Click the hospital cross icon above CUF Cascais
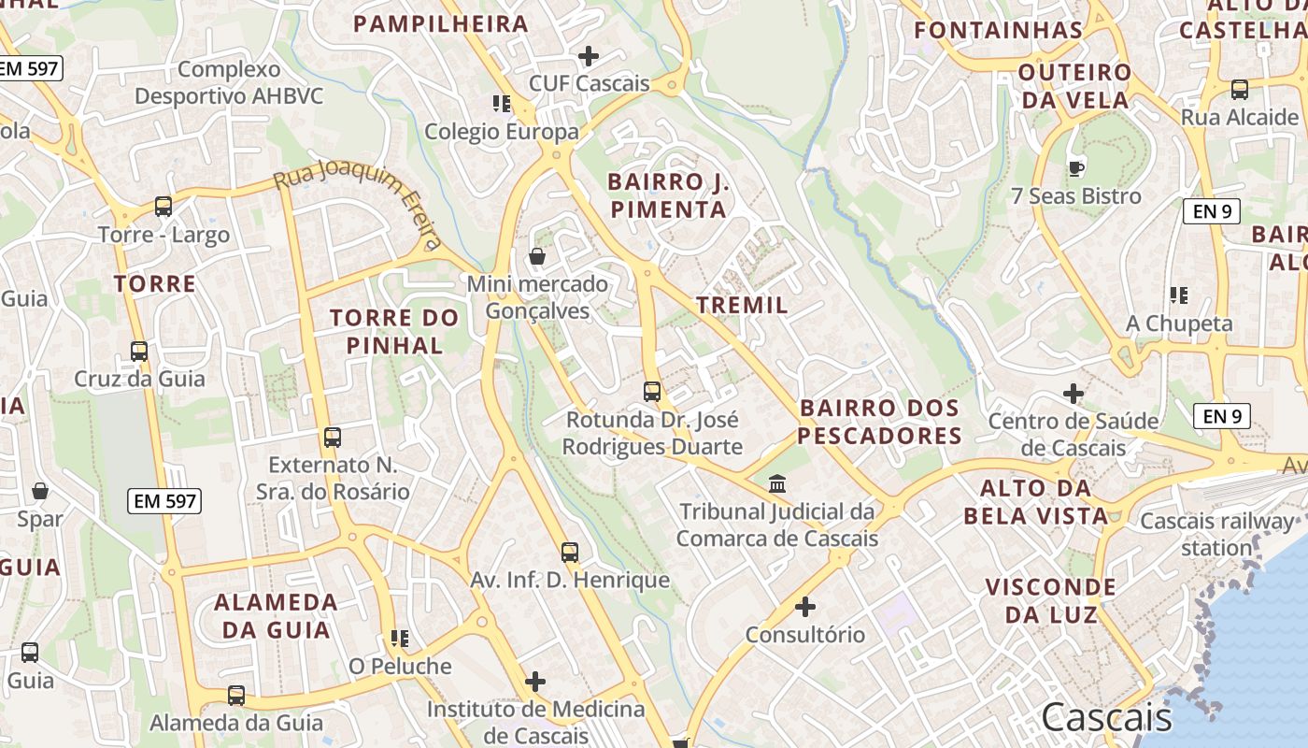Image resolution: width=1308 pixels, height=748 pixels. [x=589, y=56]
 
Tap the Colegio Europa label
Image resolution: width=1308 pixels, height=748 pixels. [x=502, y=132]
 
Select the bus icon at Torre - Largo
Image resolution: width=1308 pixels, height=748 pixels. [x=163, y=207]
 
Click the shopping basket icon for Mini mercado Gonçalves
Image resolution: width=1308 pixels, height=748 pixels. [x=537, y=256]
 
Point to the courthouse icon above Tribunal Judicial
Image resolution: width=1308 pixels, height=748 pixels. [x=777, y=484]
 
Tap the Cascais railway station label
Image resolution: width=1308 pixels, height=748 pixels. [x=1216, y=534]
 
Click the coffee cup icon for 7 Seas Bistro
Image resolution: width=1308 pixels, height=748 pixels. [x=1076, y=169]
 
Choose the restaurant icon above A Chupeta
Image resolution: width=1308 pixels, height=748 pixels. [x=1179, y=296]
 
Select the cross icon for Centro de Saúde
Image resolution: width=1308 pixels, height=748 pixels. [x=1073, y=394]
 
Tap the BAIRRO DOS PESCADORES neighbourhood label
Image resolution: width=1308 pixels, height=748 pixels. [x=879, y=422]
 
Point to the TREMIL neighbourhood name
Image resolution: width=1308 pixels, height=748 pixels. [x=742, y=305]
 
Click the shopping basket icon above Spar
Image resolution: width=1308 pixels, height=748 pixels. [x=40, y=492]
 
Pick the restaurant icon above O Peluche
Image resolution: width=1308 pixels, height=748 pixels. [x=400, y=640]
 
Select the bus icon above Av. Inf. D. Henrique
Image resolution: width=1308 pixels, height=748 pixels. [x=570, y=553]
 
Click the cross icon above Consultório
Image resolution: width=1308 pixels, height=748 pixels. [x=805, y=608]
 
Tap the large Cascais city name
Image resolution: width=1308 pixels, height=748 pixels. [x=1106, y=718]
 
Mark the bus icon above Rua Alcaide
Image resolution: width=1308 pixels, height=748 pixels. [x=1240, y=90]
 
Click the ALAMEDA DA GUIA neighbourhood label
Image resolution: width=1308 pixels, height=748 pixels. [x=276, y=615]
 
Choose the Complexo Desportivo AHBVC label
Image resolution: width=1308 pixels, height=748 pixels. [x=229, y=82]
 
